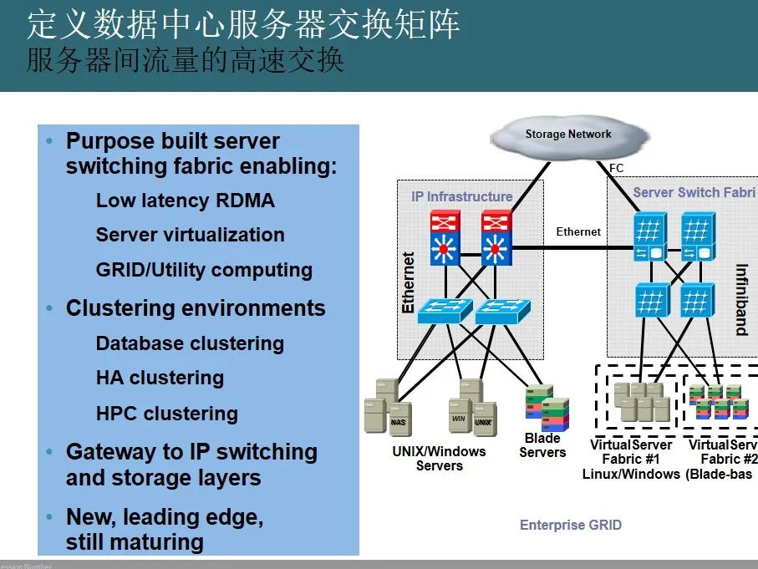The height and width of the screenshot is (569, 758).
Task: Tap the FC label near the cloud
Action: [617, 169]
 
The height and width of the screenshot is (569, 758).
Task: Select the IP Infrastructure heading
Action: [461, 196]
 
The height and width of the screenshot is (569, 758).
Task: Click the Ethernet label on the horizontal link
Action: [578, 231]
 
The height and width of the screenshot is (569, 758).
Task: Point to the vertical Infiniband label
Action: [740, 299]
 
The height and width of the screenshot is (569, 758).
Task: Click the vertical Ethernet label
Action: [409, 282]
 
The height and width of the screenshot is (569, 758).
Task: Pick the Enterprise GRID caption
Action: [570, 525]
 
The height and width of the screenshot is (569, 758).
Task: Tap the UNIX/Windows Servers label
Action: [439, 458]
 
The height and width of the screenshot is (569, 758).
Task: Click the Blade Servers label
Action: [542, 445]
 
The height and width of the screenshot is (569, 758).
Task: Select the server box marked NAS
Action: [399, 420]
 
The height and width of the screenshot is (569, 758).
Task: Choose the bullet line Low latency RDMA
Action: [185, 201]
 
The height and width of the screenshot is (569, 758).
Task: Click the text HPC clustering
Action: [166, 414]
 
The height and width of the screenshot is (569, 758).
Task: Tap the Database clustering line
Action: [190, 343]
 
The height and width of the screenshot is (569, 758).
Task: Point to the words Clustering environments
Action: [196, 308]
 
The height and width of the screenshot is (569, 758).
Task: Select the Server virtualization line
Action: [190, 235]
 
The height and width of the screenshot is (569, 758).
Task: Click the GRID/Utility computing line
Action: [204, 270]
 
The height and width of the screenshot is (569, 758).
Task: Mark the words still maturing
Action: [135, 542]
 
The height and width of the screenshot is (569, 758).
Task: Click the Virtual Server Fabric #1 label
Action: [631, 459]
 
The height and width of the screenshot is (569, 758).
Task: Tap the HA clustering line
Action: [160, 378]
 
